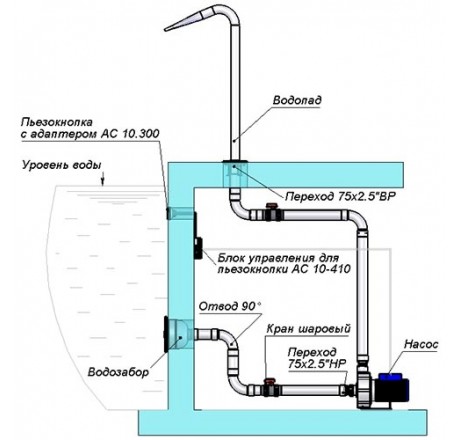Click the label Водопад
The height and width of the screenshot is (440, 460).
click(297, 100)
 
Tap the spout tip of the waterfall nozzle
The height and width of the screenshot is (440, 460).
click(165, 30)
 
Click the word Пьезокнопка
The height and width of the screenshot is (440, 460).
click(57, 122)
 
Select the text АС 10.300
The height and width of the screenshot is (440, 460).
click(129, 134)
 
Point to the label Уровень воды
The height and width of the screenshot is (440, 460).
click(62, 165)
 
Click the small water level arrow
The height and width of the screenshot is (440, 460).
click(103, 178)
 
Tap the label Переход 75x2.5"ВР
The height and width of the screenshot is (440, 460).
click(340, 197)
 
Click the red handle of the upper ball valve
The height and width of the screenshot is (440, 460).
click(270, 207)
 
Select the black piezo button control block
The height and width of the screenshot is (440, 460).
click(198, 248)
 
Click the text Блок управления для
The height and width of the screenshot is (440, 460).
click(278, 258)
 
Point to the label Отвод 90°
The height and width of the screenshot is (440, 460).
click(230, 306)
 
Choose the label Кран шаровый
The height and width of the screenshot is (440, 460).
click(309, 329)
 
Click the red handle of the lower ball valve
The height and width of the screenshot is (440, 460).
click(269, 381)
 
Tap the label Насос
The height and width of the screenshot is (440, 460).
click(421, 344)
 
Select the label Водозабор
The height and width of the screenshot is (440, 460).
click(118, 372)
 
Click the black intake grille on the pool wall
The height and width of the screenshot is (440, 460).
click(166, 334)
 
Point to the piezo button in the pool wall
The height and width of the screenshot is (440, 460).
click(168, 213)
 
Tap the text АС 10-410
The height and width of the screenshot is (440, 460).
click(321, 269)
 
